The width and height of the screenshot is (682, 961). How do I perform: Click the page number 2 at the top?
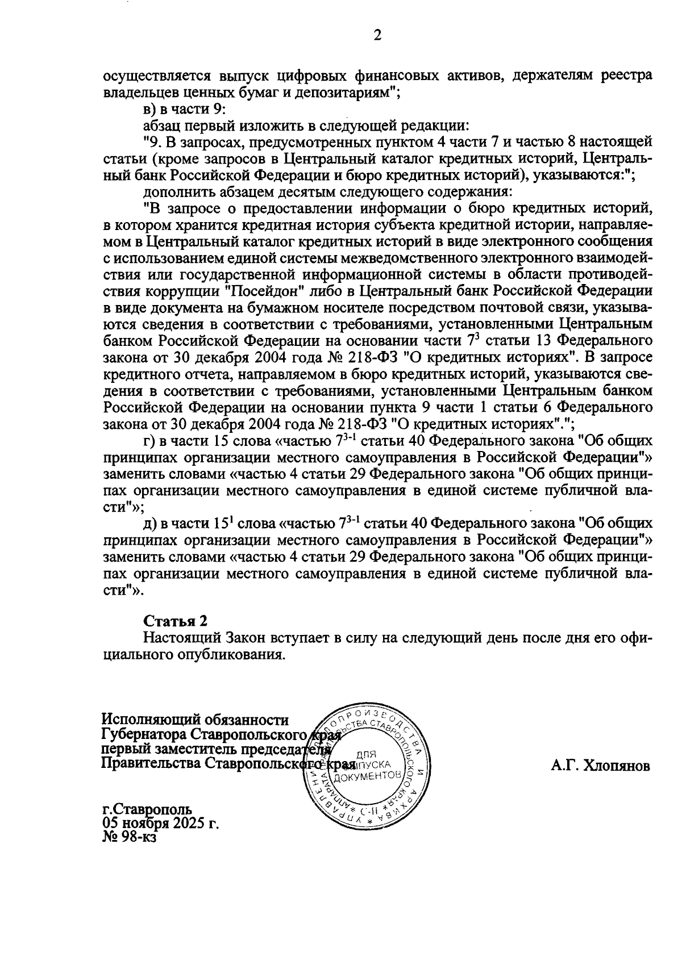tap(376, 35)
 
